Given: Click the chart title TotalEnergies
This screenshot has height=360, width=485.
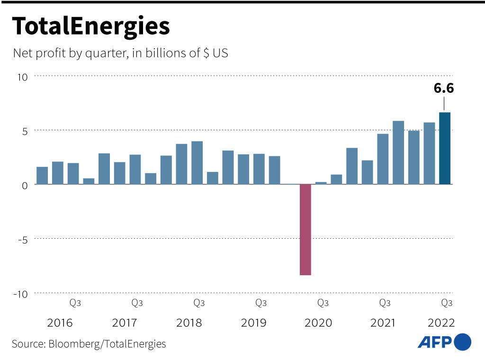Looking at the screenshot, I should pos(90,27).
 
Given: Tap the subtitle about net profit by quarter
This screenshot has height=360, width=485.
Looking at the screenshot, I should pos(120,53).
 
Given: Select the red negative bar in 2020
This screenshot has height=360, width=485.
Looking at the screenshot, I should pos(305,229).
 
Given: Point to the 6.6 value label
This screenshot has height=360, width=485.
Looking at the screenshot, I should pos(444,88).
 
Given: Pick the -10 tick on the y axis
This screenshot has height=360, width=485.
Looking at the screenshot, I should pos(21,294).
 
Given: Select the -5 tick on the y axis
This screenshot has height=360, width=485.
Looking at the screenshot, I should pos(23,239).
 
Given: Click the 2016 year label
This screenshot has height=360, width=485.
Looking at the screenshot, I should pos(60,323).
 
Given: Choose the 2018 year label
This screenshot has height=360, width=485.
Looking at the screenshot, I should pos(189,323).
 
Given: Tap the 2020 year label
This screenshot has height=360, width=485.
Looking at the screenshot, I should pos(318,323).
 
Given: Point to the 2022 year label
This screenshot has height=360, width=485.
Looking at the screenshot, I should pos(441,323).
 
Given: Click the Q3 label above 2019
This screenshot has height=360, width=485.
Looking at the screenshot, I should pos(261,303).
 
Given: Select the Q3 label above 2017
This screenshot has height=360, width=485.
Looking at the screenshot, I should pos(137,303).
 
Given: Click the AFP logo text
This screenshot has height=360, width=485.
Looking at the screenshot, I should pos(434,342).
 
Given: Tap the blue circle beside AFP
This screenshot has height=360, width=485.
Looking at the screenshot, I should pos(463,342).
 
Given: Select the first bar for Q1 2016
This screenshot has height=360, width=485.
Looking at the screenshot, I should pos(42,175).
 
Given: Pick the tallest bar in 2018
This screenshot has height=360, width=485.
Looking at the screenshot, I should pos(197,162).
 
